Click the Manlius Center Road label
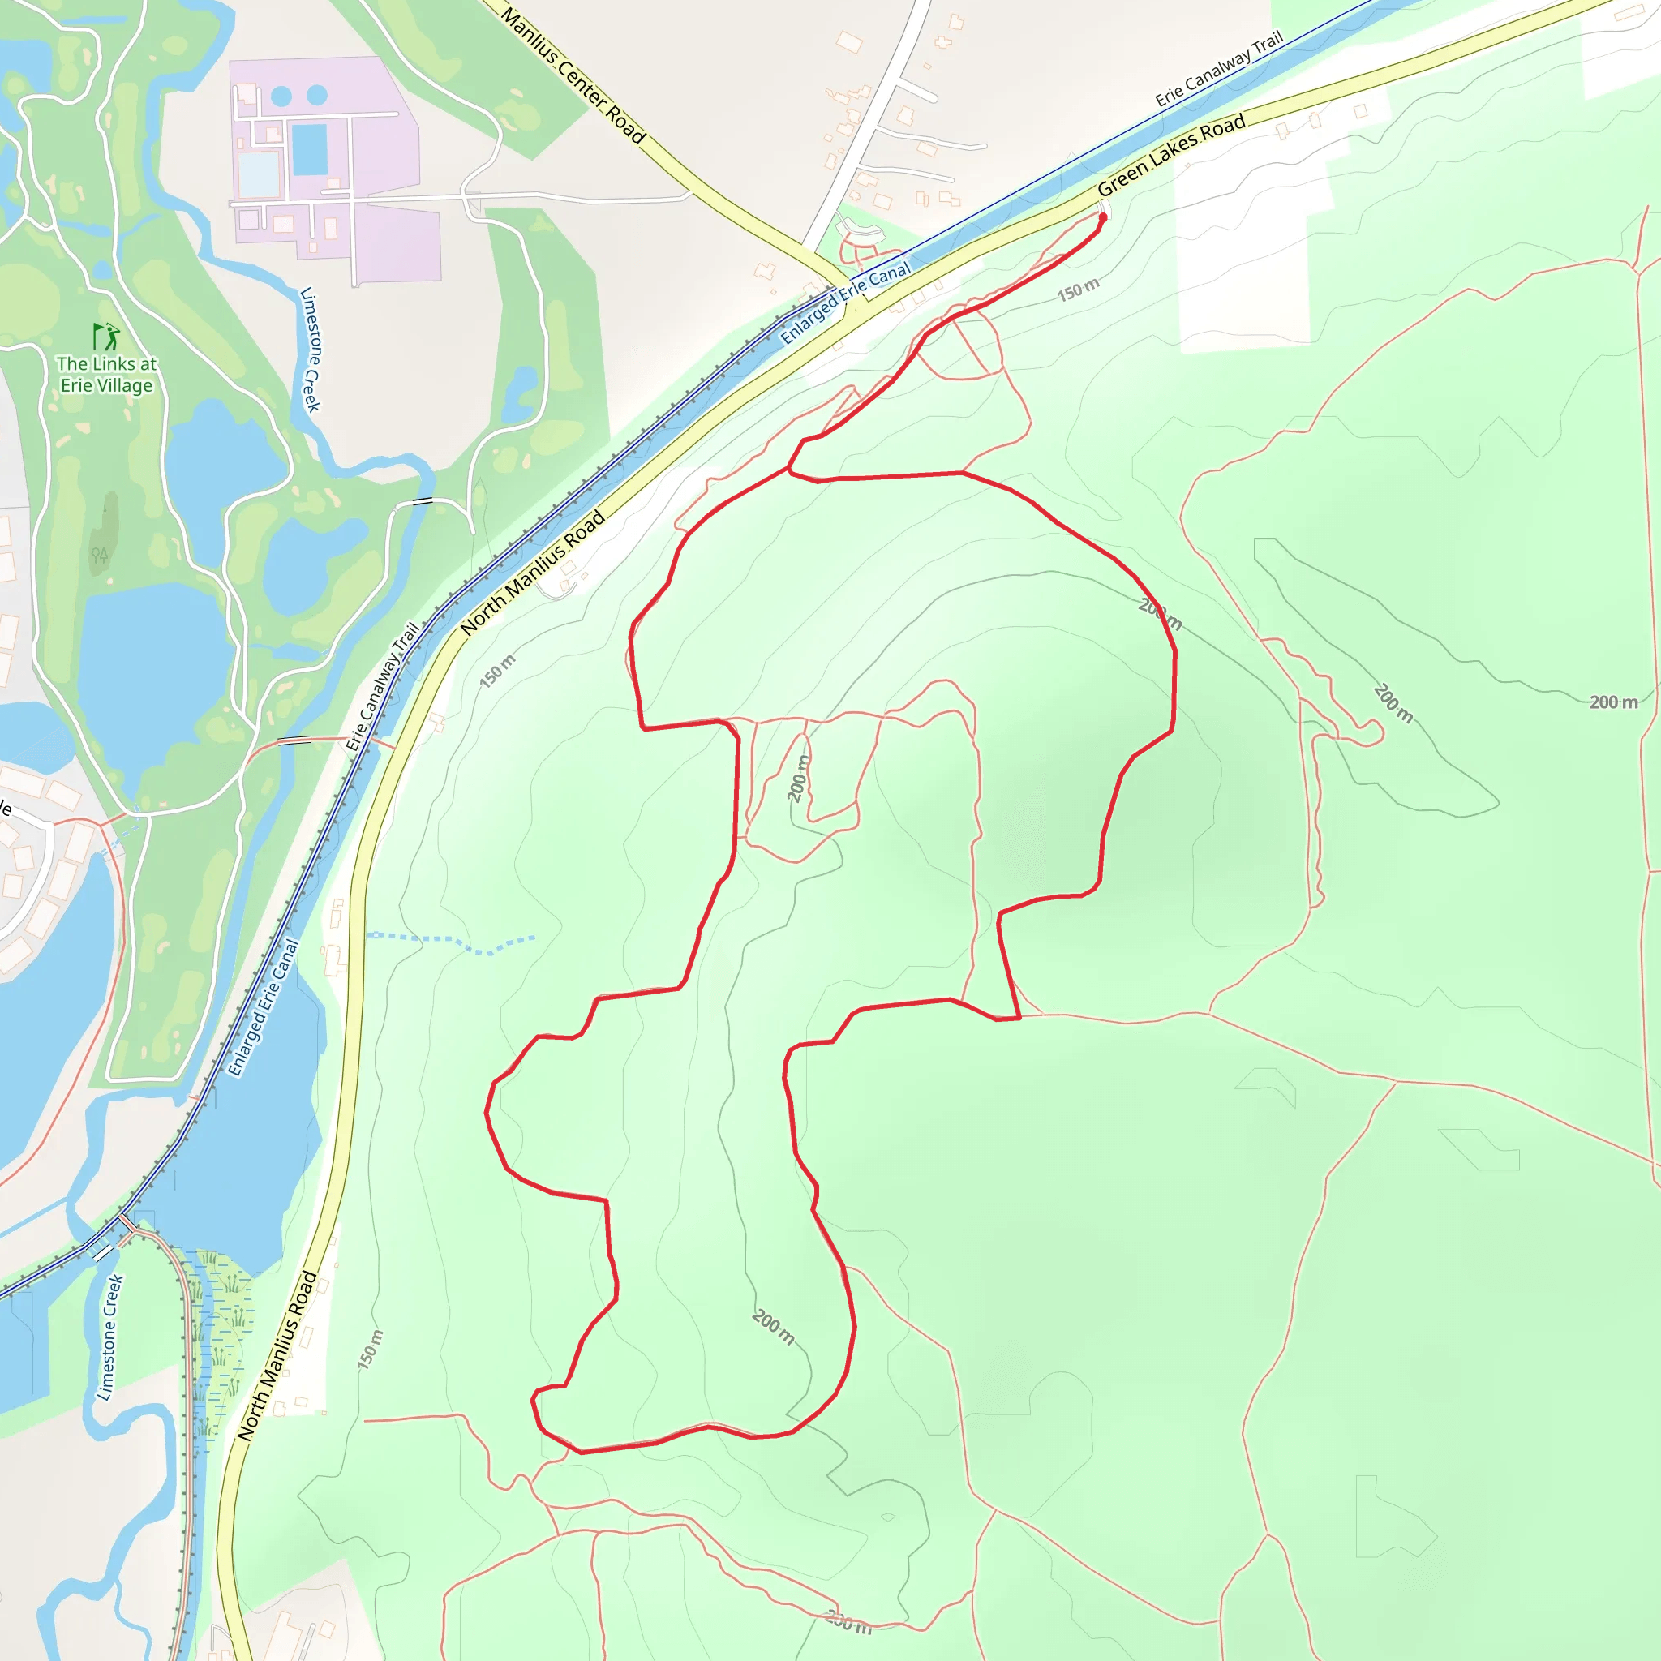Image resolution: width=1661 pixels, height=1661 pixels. [573, 75]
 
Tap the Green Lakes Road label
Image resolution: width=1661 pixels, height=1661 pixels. [1171, 155]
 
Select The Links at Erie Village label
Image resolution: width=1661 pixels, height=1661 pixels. [106, 374]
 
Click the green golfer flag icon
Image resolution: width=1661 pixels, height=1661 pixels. [105, 335]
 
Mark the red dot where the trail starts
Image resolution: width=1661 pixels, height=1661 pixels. [1103, 217]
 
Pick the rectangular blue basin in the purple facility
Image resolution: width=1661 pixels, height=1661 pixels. [310, 148]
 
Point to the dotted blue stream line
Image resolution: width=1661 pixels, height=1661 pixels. [452, 942]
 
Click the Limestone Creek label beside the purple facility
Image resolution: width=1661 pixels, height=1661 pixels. [310, 349]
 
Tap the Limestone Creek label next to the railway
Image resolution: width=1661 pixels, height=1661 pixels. [110, 1337]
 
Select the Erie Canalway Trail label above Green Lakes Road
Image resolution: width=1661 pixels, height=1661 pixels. [1219, 69]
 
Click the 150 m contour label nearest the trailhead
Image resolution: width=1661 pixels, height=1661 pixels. [1078, 290]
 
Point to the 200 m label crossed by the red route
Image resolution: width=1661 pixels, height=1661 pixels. [1160, 614]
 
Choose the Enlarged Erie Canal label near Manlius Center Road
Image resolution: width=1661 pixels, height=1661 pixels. [845, 303]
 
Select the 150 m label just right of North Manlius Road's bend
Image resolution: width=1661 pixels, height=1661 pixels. [497, 671]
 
